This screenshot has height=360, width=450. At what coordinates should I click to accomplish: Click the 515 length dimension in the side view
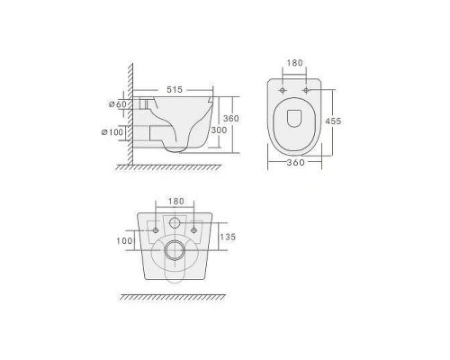[175, 89]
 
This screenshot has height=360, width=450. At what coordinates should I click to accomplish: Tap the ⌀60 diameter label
[118, 104]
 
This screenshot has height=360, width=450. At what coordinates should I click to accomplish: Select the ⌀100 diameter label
[112, 132]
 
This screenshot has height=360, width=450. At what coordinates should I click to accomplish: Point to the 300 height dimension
[219, 130]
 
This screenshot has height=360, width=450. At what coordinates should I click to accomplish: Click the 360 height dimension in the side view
[231, 119]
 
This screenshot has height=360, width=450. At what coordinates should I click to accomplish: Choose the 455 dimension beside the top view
[333, 121]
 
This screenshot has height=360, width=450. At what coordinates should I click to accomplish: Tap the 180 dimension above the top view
[295, 63]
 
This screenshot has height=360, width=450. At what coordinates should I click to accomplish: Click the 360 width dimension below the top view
[295, 163]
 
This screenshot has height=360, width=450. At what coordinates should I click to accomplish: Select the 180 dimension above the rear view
[175, 201]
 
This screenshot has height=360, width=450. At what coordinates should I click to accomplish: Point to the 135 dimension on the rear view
[228, 237]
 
